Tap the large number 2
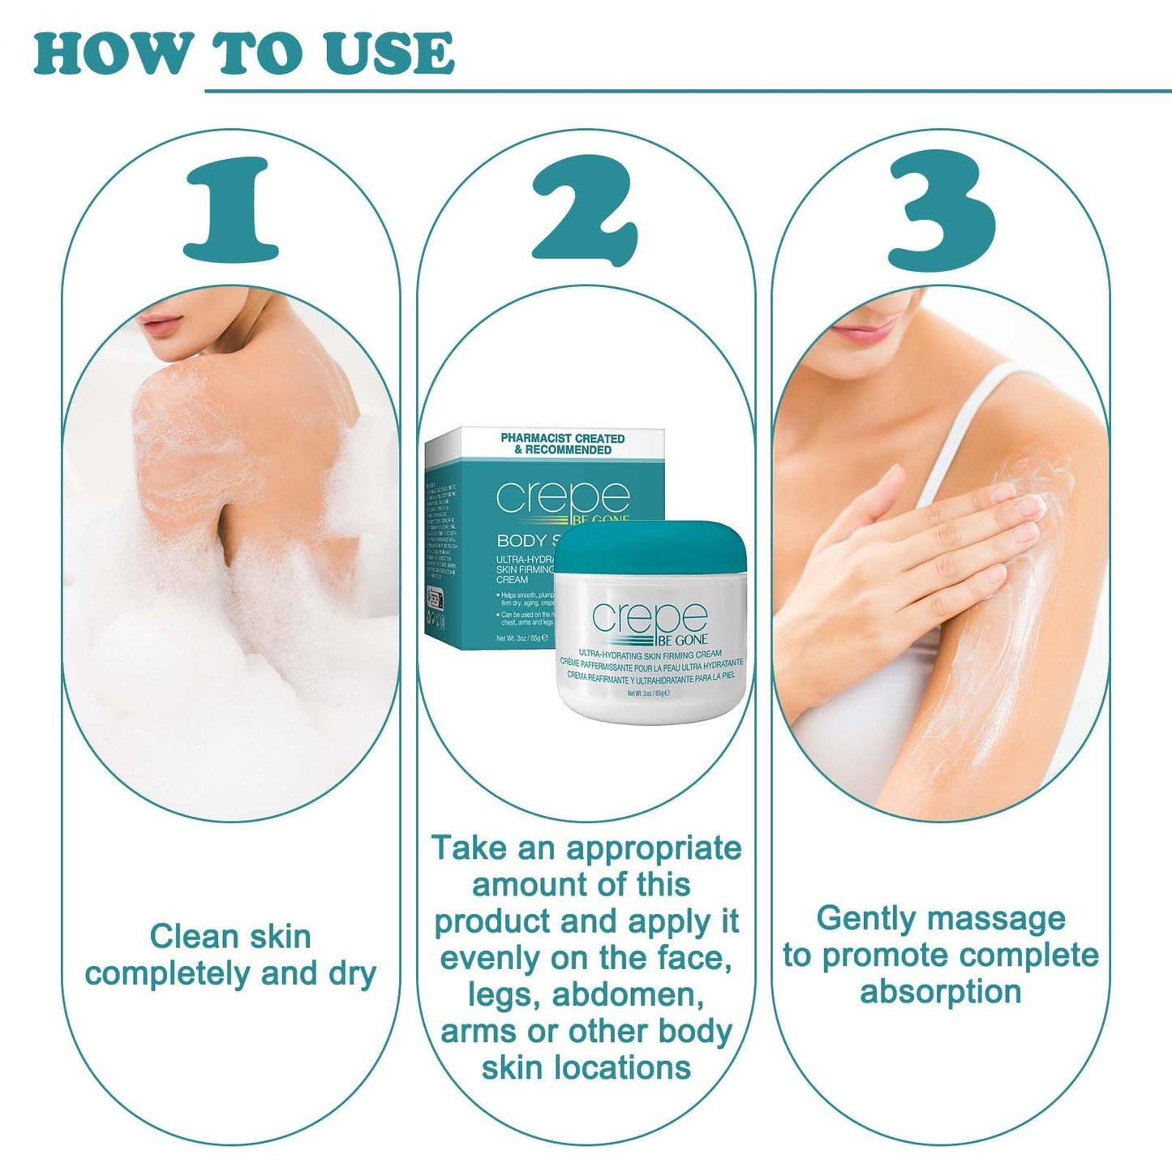point(585,211)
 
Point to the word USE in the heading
point(389,54)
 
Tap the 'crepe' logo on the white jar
point(649,619)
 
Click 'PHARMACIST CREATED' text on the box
point(562,438)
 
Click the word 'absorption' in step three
point(940,992)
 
